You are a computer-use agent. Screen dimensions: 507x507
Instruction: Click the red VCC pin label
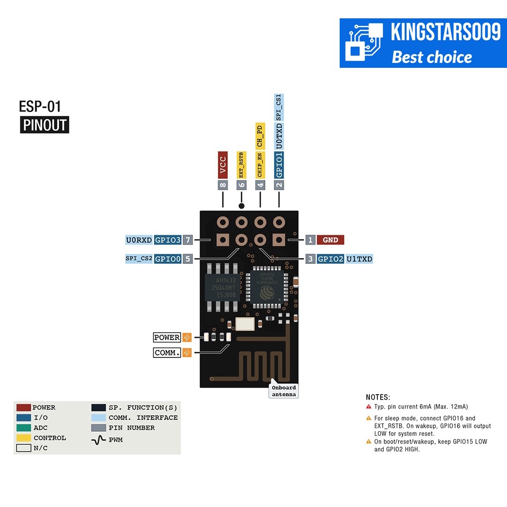[x=223, y=165]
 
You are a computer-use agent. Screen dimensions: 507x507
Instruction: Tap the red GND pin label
[x=330, y=240]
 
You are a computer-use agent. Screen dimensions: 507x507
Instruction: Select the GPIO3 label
[x=168, y=240]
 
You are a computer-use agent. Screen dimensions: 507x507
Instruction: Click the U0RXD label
[x=139, y=240]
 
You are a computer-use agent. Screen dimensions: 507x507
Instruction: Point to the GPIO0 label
[x=168, y=258]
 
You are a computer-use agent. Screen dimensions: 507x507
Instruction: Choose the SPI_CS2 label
[x=139, y=258]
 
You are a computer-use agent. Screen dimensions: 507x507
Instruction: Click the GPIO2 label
[x=330, y=258]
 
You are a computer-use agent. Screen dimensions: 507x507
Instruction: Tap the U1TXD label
[x=359, y=258]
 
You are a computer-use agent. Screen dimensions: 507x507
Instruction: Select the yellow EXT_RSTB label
[x=242, y=165]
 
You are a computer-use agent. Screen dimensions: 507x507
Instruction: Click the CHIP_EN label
[x=260, y=165]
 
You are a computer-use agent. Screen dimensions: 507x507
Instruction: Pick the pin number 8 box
[x=223, y=185]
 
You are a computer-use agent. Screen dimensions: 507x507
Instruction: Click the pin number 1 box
[x=310, y=240]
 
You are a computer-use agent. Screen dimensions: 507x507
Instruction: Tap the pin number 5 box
[x=188, y=258]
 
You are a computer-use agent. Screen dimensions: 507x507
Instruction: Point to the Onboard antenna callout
[x=284, y=391]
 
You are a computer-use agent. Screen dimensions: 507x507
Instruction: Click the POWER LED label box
[x=167, y=338]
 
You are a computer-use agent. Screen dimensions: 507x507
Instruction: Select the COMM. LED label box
[x=167, y=353]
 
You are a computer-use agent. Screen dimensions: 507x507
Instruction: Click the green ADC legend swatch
[x=24, y=428]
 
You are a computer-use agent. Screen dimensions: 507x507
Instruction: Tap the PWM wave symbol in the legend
[x=99, y=439]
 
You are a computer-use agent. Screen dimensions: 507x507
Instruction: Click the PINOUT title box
[x=45, y=125]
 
